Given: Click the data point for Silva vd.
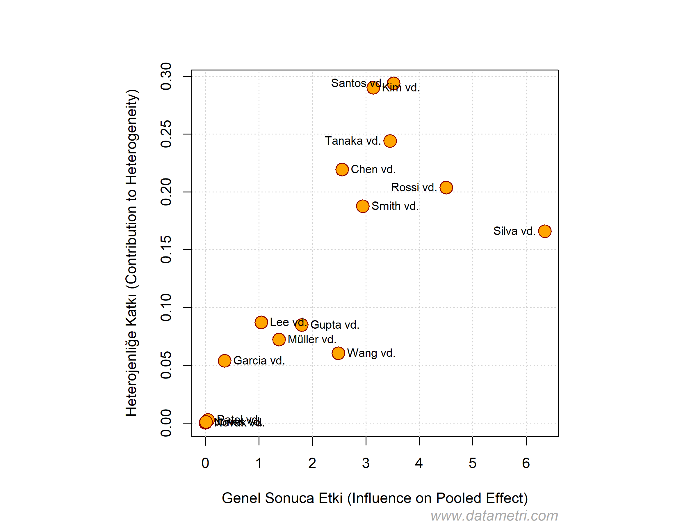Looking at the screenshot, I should pyautogui.click(x=545, y=231).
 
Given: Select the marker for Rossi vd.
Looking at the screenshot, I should pyautogui.click(x=446, y=187).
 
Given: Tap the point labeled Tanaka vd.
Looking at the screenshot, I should pyautogui.click(x=390, y=141).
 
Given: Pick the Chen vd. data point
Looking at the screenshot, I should pyautogui.click(x=342, y=170).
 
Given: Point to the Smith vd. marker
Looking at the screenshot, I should pyautogui.click(x=363, y=206).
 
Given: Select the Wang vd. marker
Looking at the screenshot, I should pyautogui.click(x=338, y=353).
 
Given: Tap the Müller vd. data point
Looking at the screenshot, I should pyautogui.click(x=279, y=339).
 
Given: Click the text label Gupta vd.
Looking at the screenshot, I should pyautogui.click(x=335, y=325).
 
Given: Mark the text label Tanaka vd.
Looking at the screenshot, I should pyautogui.click(x=353, y=141).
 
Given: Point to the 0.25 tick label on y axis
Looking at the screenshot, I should pyautogui.click(x=166, y=134).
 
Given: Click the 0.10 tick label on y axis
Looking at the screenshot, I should pyautogui.click(x=166, y=307).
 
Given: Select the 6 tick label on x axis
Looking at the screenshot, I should pyautogui.click(x=526, y=463).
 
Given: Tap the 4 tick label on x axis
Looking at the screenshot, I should pyautogui.click(x=419, y=463).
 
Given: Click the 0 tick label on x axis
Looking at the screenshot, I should pyautogui.click(x=205, y=463).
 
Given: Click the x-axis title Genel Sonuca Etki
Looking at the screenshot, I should pyautogui.click(x=375, y=498).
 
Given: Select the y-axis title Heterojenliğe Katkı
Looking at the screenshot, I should pyautogui.click(x=131, y=253).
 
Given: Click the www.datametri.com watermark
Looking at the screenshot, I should pyautogui.click(x=494, y=516).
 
